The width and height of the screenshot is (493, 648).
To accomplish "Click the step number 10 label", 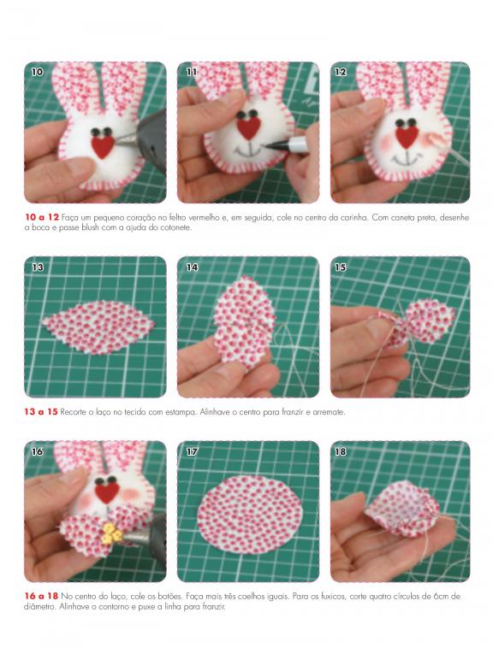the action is coord(37,72).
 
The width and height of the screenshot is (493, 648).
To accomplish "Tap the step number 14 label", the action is coord(192,268).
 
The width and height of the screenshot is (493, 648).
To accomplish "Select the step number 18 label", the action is coord(341,451).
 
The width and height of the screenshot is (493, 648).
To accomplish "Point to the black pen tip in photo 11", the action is coord(270,145).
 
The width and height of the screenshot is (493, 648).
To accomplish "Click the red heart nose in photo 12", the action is coord(407,137).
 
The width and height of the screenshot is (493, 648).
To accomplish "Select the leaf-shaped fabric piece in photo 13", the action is coord(98,327).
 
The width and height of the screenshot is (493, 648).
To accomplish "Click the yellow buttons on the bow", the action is coord(111,533).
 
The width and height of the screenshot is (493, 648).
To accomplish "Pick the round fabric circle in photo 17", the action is coord(250,514).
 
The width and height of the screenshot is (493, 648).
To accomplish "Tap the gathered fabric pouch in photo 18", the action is coord(402,509).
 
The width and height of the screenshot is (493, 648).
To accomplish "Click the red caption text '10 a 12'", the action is coord(42,217).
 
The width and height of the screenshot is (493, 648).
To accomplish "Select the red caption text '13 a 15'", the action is coord(41,412).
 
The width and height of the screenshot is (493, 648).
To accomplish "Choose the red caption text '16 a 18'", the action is coord(41,597).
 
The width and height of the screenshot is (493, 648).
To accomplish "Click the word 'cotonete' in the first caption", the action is coord(179,227).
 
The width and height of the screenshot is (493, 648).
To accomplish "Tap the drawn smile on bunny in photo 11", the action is coord(248,150).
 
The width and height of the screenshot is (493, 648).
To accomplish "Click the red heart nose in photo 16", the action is coord(108,493).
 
